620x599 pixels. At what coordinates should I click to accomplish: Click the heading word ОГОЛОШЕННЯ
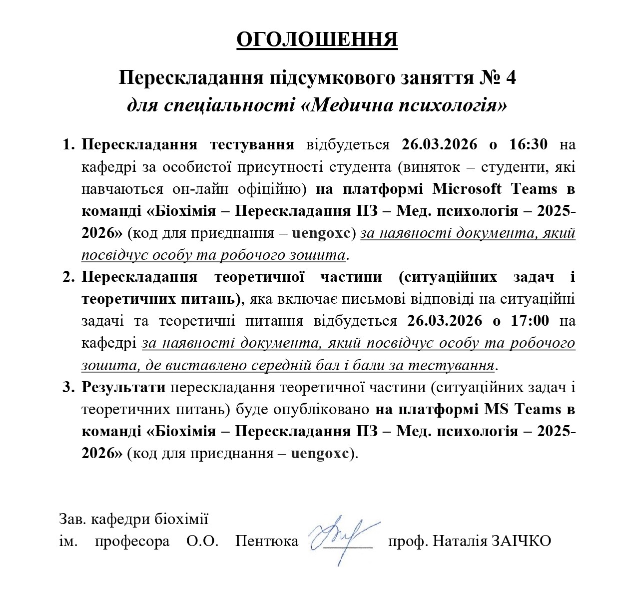click(x=317, y=40)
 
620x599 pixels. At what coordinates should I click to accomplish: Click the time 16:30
click(x=529, y=144)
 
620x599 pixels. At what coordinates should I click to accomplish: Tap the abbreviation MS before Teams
click(x=497, y=410)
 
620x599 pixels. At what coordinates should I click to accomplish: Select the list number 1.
click(x=69, y=145)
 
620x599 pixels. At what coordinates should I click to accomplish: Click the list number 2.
click(x=69, y=277)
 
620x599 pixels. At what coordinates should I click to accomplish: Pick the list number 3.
click(x=69, y=387)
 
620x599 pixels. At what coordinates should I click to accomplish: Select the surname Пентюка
click(x=267, y=541)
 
